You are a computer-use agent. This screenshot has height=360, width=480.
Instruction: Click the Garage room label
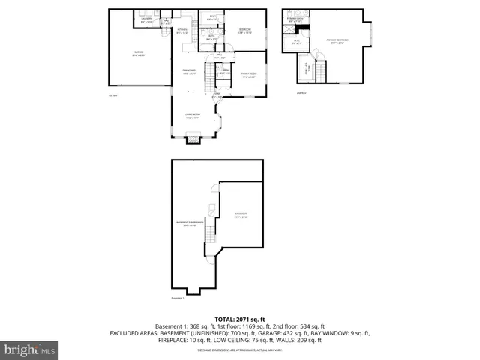pyautogui.click(x=139, y=54)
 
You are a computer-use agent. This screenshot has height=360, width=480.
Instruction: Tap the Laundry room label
pyautogui.click(x=146, y=20)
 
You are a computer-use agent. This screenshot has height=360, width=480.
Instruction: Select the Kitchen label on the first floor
pyautogui.click(x=182, y=31)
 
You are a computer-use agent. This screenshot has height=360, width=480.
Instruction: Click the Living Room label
pyautogui.click(x=193, y=115)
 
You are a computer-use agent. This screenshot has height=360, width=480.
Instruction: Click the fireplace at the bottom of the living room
pyautogui.click(x=193, y=137)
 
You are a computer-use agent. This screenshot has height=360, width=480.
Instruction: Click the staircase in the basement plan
pyautogui.click(x=211, y=229)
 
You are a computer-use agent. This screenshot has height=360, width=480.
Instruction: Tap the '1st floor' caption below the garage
pyautogui.click(x=112, y=95)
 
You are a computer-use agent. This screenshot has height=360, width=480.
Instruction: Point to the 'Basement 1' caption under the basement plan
pyautogui.click(x=177, y=298)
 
